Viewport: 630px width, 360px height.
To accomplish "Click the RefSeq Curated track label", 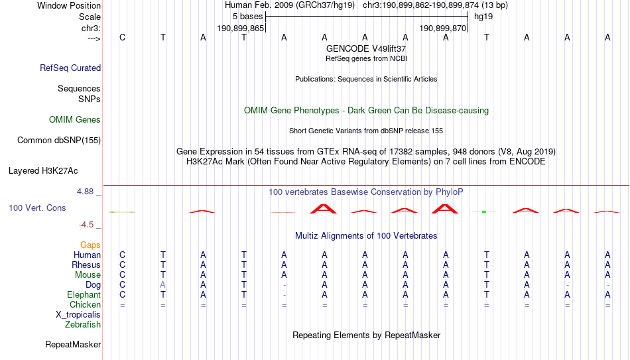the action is pos(70,68).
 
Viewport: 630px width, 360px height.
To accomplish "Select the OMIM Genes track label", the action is pos(75,120).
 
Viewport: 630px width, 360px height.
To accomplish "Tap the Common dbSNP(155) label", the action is pos(59,141).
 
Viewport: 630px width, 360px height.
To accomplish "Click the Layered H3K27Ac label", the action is pos(43,171).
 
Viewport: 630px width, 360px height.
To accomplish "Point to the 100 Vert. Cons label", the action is pos(37,208).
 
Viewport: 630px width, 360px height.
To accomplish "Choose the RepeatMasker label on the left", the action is pos(73,344).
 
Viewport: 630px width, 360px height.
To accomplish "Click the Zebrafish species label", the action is pos(83,325).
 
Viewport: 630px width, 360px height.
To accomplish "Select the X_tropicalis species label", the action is pos(78,315).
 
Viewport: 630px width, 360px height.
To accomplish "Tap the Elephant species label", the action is pos(84,294).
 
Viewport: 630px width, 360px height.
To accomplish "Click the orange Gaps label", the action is pos(90,245).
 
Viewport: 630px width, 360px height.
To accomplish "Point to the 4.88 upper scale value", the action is pos(85,192).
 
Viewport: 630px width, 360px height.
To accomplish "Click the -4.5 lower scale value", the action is pos(86,225).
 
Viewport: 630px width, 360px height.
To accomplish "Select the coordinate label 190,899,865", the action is pos(240,28).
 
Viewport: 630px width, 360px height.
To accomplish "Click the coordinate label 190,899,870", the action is pos(442,28).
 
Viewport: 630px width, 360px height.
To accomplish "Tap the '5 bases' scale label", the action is pos(247,17).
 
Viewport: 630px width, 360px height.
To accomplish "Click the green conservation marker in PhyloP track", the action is pos(484,211).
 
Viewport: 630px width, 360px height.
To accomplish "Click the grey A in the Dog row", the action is pos(162,285).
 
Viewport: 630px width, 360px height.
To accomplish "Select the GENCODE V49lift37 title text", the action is pos(366,48).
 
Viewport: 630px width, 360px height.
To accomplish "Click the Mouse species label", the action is pos(88,275).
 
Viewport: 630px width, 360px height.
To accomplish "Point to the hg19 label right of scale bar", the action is pos(483,17).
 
